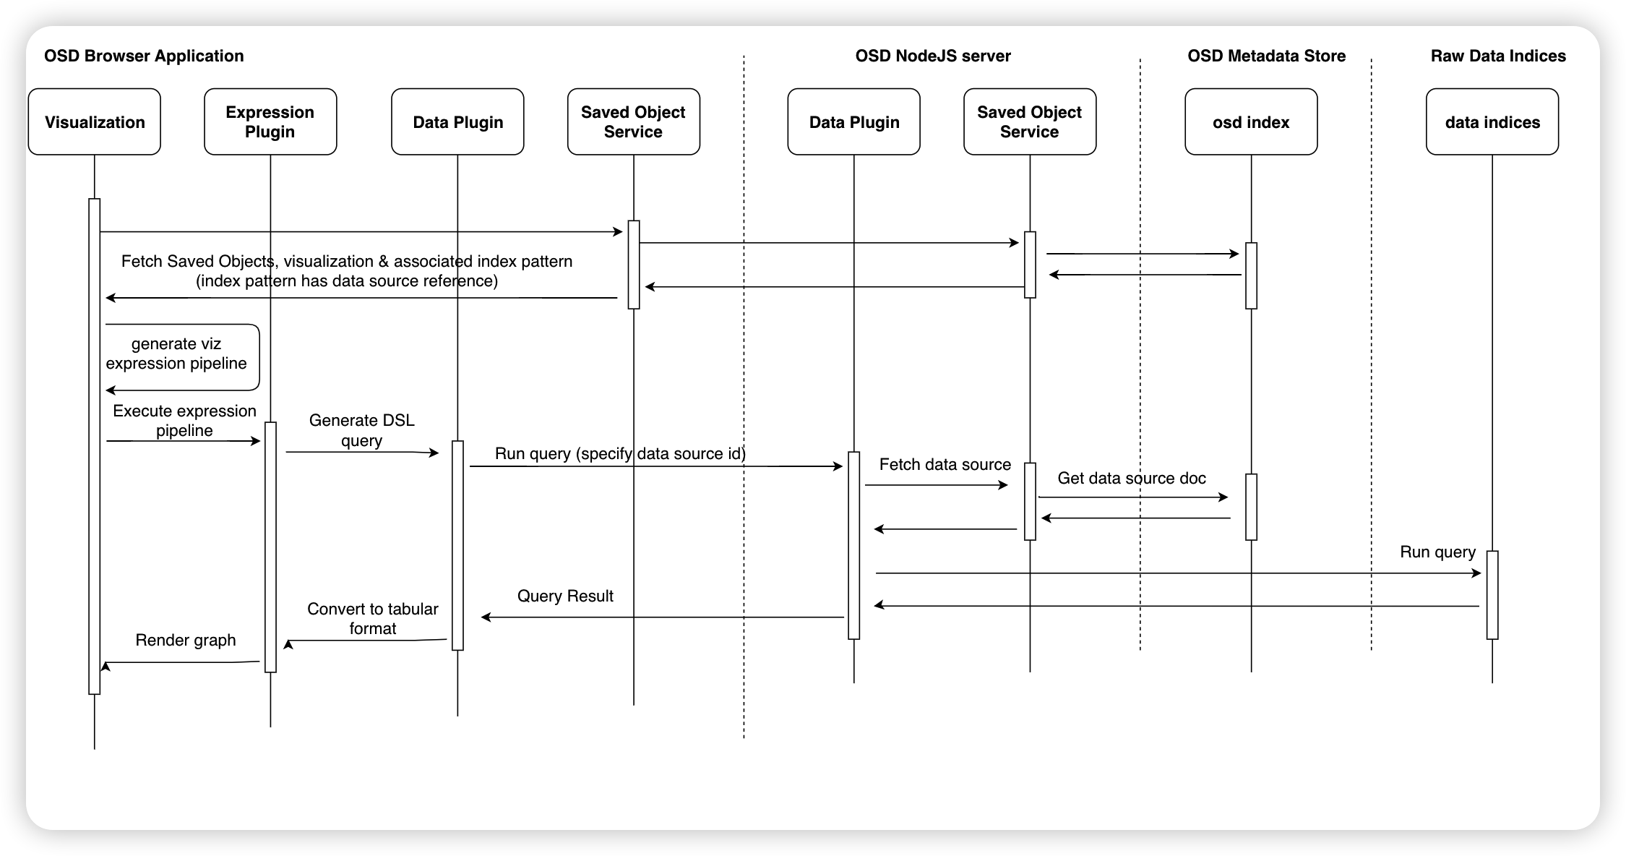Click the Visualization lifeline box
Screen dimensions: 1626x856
95,121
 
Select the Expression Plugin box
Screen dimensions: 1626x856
270,121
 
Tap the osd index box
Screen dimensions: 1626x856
1251,121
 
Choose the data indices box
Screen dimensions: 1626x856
1492,121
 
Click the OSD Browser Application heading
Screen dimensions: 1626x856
144,56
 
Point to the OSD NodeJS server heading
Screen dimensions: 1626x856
933,56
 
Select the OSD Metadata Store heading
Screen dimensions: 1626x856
1267,56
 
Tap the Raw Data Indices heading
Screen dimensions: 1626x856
1498,56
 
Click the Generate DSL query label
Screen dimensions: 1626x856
361,430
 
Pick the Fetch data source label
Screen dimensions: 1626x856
945,464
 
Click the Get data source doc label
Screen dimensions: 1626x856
1132,478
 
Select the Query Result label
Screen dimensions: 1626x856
565,596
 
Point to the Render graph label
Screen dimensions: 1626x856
186,640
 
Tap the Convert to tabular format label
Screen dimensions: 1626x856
373,618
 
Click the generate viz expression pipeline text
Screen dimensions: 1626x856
176,354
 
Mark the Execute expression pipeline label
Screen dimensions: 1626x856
184,420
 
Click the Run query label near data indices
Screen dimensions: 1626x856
1437,552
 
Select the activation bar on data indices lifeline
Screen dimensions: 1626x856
1492,595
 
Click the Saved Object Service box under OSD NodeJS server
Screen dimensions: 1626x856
1030,121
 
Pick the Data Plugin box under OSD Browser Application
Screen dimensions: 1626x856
457,121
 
